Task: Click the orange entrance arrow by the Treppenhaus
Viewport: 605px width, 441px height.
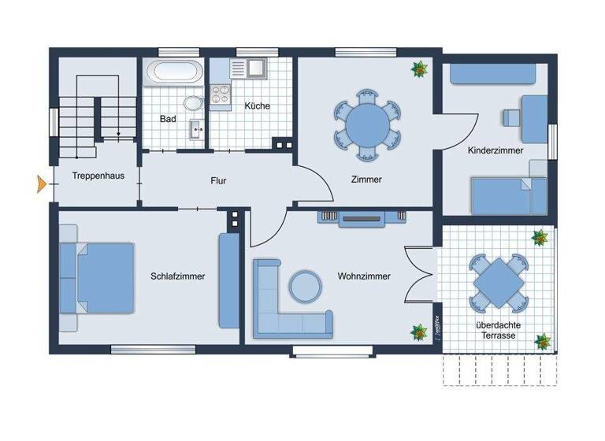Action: pyautogui.click(x=40, y=186)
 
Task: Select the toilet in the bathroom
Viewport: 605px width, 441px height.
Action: pyautogui.click(x=191, y=103)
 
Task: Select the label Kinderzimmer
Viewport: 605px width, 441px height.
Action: pyautogui.click(x=495, y=150)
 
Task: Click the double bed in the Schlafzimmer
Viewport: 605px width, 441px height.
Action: pyautogui.click(x=98, y=278)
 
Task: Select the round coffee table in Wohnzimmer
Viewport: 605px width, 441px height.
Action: pyautogui.click(x=305, y=286)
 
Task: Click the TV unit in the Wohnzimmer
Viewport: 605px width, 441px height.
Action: pyautogui.click(x=362, y=218)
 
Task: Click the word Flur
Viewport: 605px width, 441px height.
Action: pyautogui.click(x=218, y=180)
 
